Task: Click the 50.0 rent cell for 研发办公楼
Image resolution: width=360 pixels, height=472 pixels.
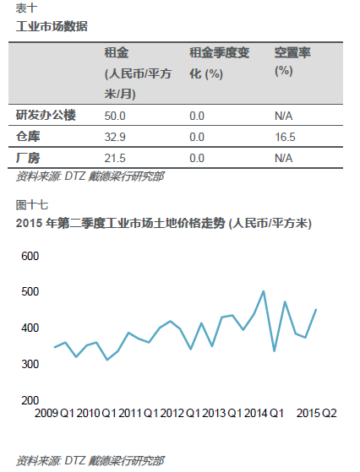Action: [115, 116]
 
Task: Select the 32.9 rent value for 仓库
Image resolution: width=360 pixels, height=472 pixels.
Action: [115, 137]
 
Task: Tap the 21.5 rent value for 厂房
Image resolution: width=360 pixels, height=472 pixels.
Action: [115, 158]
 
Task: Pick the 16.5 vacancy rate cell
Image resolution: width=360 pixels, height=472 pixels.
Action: [285, 137]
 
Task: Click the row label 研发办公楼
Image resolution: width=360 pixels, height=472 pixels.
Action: [46, 116]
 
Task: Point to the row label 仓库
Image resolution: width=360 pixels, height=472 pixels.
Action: [28, 136]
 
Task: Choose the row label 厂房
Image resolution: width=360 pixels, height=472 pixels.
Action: [28, 158]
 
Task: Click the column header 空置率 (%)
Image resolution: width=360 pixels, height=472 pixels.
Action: [292, 62]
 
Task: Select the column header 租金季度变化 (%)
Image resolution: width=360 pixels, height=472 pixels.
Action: [220, 63]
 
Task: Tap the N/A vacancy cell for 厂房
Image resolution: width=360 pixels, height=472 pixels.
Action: [283, 158]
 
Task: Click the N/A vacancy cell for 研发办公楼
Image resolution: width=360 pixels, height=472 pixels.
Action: [283, 116]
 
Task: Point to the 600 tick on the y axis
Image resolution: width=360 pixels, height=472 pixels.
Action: [30, 256]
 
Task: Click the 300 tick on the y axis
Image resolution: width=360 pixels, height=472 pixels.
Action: [30, 364]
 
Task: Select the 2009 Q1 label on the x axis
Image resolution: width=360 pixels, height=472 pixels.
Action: [55, 413]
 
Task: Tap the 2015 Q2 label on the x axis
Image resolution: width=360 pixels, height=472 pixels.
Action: [317, 413]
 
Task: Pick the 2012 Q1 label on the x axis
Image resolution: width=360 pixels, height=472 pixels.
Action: [180, 413]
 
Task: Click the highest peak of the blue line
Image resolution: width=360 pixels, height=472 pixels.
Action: [264, 291]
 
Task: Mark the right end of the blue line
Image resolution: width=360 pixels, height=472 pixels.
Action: [316, 309]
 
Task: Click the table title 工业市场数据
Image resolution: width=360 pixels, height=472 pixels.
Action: [52, 26]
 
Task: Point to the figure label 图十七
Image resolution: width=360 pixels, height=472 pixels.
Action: [32, 205]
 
